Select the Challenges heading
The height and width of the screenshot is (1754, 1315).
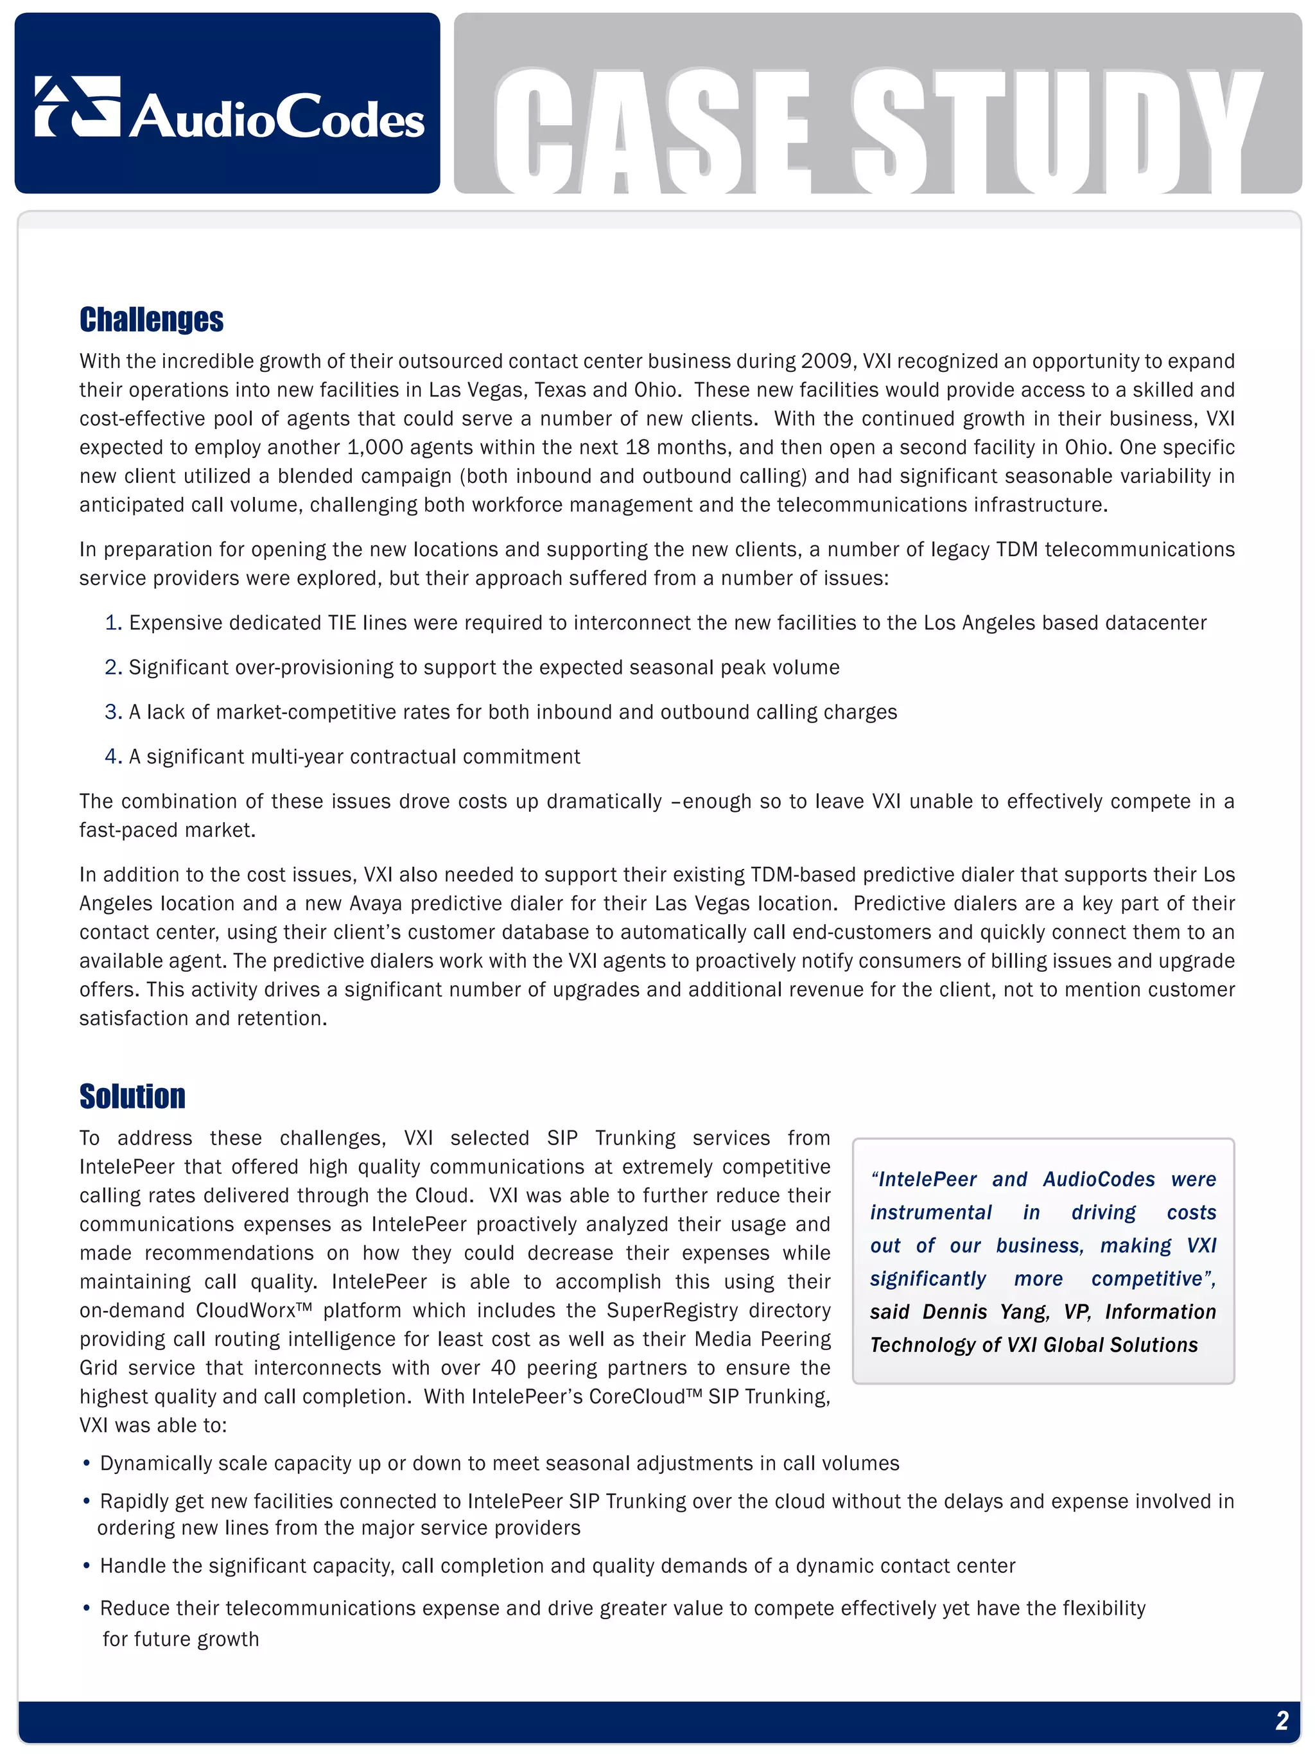(x=152, y=320)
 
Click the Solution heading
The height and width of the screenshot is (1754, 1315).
(x=132, y=1096)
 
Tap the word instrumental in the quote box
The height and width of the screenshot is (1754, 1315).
(x=930, y=1213)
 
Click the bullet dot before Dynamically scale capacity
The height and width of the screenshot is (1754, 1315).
(x=87, y=1464)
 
